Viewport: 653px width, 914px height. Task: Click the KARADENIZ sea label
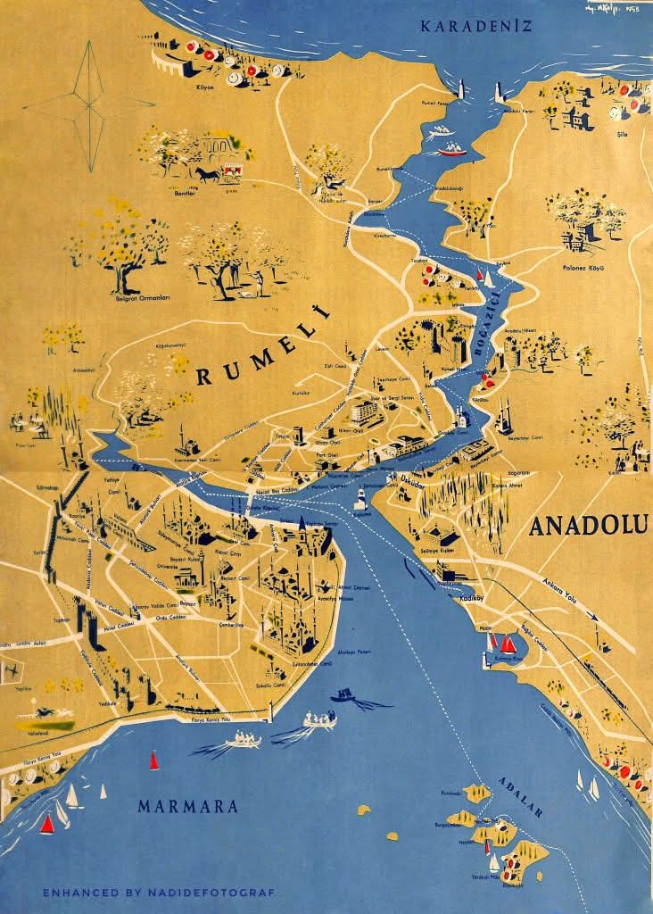click(x=476, y=25)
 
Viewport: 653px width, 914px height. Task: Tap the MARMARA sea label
click(x=188, y=806)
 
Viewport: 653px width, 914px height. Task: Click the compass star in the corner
click(x=89, y=104)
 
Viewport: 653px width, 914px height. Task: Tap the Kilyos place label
click(x=207, y=87)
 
